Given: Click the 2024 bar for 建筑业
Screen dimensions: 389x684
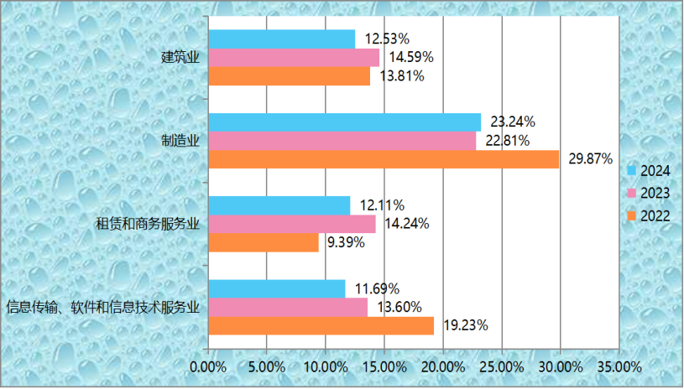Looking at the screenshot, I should pyautogui.click(x=281, y=39).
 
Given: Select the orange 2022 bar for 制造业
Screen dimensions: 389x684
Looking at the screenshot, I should pyautogui.click(x=384, y=159).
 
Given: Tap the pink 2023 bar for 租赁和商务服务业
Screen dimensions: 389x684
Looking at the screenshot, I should pyautogui.click(x=291, y=224).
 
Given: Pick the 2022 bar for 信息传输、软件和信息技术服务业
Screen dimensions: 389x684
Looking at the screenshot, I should pyautogui.click(x=321, y=325).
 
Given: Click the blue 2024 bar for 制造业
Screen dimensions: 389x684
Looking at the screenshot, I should pyautogui.click(x=344, y=122).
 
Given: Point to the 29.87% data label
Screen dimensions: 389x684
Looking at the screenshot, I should pyautogui.click(x=591, y=159).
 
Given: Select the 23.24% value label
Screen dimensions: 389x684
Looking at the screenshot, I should pyautogui.click(x=513, y=122).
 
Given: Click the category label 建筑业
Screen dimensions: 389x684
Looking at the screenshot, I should pyautogui.click(x=180, y=58).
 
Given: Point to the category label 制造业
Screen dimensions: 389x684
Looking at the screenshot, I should pyautogui.click(x=180, y=140).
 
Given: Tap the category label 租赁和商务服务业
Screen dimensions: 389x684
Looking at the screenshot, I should pyautogui.click(x=148, y=224).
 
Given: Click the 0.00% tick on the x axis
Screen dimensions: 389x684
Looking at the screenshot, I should pyautogui.click(x=208, y=367).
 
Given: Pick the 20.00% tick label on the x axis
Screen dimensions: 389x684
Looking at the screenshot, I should pyautogui.click(x=442, y=367).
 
